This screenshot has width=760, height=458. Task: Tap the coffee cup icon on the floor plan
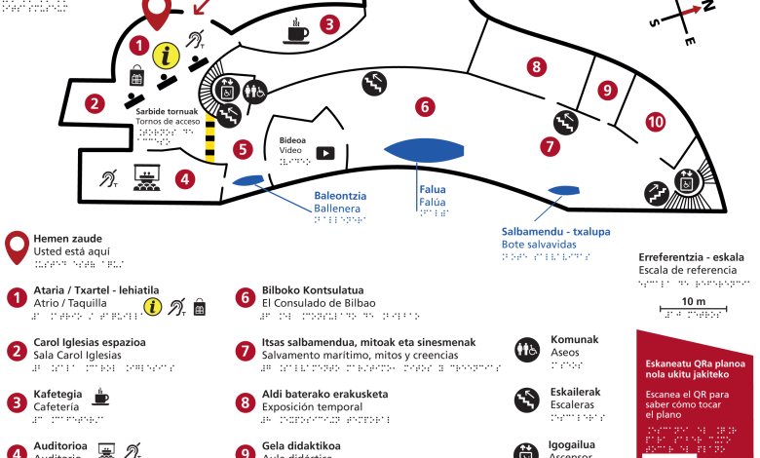pyautogui.click(x=296, y=35)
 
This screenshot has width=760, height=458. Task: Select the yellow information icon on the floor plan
pyautogui.click(x=170, y=57)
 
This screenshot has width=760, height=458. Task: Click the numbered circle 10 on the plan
pyautogui.click(x=655, y=122)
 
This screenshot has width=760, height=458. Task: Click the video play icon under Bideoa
pyautogui.click(x=323, y=153)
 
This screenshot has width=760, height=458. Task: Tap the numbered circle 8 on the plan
pyautogui.click(x=535, y=67)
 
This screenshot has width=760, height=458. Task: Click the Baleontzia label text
pyautogui.click(x=338, y=195)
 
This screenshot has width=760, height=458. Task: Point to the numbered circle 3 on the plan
pyautogui.click(x=330, y=24)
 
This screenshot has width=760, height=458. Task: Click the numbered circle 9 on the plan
pyautogui.click(x=607, y=90)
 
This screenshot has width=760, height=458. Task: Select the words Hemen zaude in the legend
pyautogui.click(x=67, y=239)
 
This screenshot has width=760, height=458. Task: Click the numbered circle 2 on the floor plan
pyautogui.click(x=95, y=102)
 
